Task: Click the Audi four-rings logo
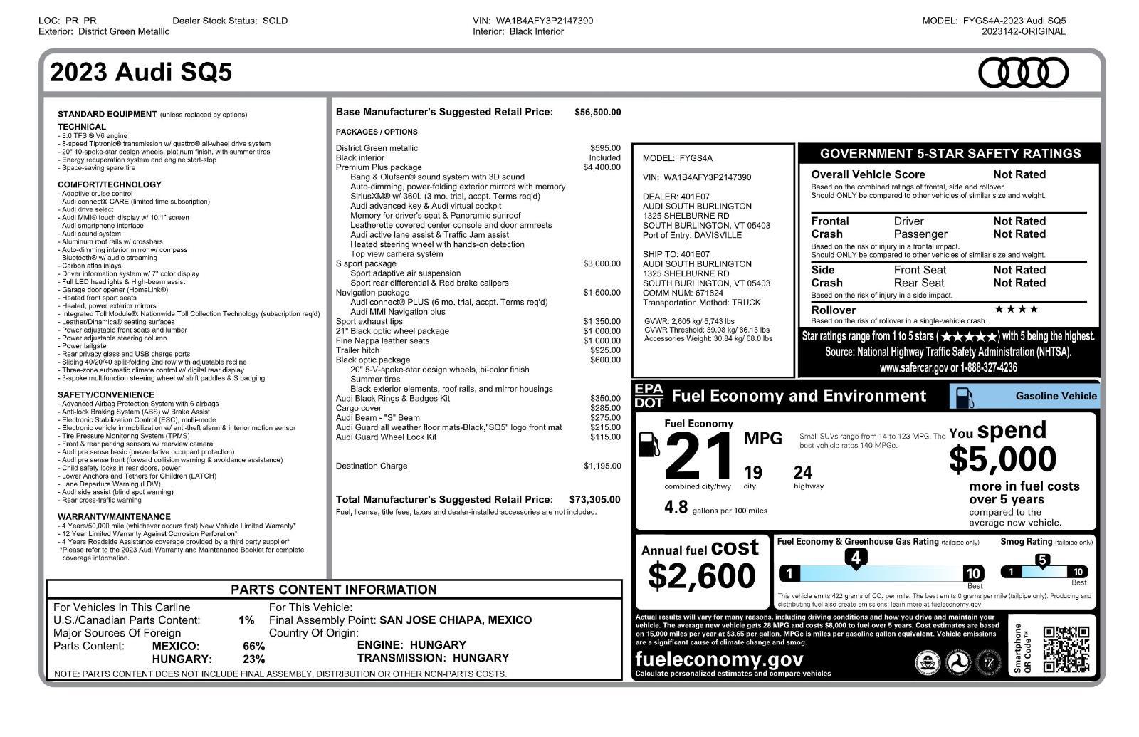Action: point(1023,73)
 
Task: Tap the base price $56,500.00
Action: point(597,112)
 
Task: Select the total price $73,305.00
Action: point(594,500)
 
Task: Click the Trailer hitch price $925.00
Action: point(605,350)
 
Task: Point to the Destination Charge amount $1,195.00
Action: point(602,466)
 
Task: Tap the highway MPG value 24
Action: point(802,473)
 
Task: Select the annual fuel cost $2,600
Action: point(701,575)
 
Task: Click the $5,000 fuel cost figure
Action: point(1002,459)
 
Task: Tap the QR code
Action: point(1066,649)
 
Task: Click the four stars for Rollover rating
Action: point(1016,309)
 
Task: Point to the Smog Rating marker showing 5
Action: point(1042,560)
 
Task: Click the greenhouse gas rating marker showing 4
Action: point(856,558)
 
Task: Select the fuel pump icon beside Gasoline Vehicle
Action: point(964,397)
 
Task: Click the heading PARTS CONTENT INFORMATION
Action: point(334,590)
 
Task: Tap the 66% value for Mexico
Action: point(253,646)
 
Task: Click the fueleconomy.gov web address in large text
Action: point(718,659)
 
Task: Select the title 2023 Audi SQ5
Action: point(141,73)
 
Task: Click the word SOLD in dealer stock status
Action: point(275,21)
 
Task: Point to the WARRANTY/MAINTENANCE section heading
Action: point(114,517)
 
